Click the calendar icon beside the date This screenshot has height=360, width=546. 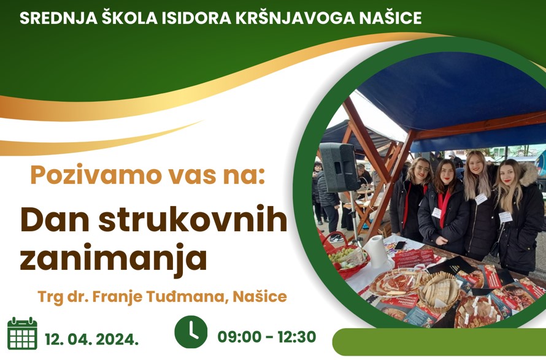[22, 333]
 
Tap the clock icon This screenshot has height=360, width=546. [191, 332]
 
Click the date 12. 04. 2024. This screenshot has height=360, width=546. [91, 339]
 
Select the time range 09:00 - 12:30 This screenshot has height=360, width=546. [267, 337]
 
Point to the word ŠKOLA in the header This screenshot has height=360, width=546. [129, 18]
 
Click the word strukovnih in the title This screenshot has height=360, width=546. [193, 220]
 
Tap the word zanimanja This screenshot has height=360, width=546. [113, 258]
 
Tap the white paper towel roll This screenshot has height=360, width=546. [375, 251]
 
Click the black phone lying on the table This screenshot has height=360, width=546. [400, 245]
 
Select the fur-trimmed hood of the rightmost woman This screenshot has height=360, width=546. [527, 174]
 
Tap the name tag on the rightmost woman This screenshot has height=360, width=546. [506, 217]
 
